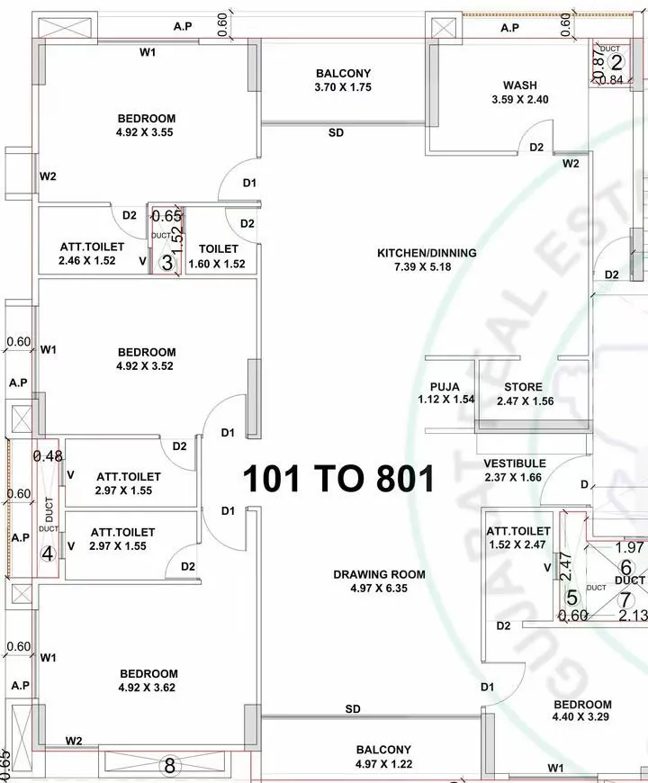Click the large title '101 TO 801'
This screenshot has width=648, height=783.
click(338, 478)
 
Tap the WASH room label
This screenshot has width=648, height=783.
click(519, 85)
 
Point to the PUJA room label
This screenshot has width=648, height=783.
click(445, 387)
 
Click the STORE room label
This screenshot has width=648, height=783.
click(522, 387)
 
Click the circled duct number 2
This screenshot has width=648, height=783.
click(616, 62)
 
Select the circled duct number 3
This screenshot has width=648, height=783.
click(166, 263)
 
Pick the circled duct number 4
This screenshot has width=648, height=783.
click(49, 553)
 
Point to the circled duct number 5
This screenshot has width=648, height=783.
click(571, 598)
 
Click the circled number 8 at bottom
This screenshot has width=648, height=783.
click(167, 767)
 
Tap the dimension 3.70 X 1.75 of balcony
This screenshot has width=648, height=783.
click(343, 87)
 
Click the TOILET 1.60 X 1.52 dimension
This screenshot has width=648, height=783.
click(217, 264)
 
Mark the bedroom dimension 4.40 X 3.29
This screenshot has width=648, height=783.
click(582, 718)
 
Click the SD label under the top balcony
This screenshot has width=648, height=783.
click(336, 133)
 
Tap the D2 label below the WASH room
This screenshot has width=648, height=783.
click(536, 148)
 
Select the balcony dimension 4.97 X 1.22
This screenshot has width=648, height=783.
click(383, 764)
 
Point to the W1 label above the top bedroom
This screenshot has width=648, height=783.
click(148, 52)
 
